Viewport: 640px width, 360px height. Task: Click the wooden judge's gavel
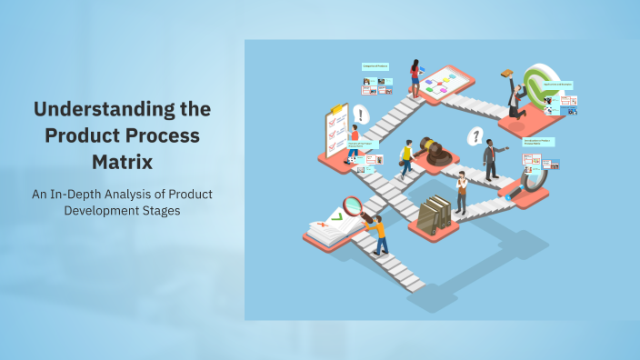tap(439, 151)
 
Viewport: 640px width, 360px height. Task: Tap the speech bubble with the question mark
tap(474, 136)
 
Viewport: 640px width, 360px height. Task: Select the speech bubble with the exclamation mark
tap(362, 115)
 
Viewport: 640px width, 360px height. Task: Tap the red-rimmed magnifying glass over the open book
tap(352, 206)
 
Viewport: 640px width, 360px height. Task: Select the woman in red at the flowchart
tap(415, 78)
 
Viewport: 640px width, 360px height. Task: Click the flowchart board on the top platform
tap(445, 83)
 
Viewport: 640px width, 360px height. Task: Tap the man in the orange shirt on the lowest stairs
tap(377, 233)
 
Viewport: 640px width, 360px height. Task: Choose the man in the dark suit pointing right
tap(490, 159)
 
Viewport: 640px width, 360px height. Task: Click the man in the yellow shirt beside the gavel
tap(407, 157)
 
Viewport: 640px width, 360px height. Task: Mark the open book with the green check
tap(329, 226)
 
